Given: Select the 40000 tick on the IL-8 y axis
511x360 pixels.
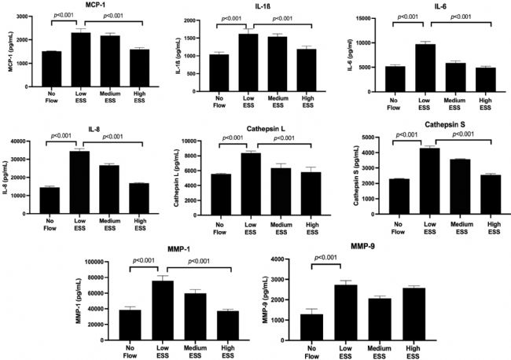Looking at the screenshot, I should (20, 141).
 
